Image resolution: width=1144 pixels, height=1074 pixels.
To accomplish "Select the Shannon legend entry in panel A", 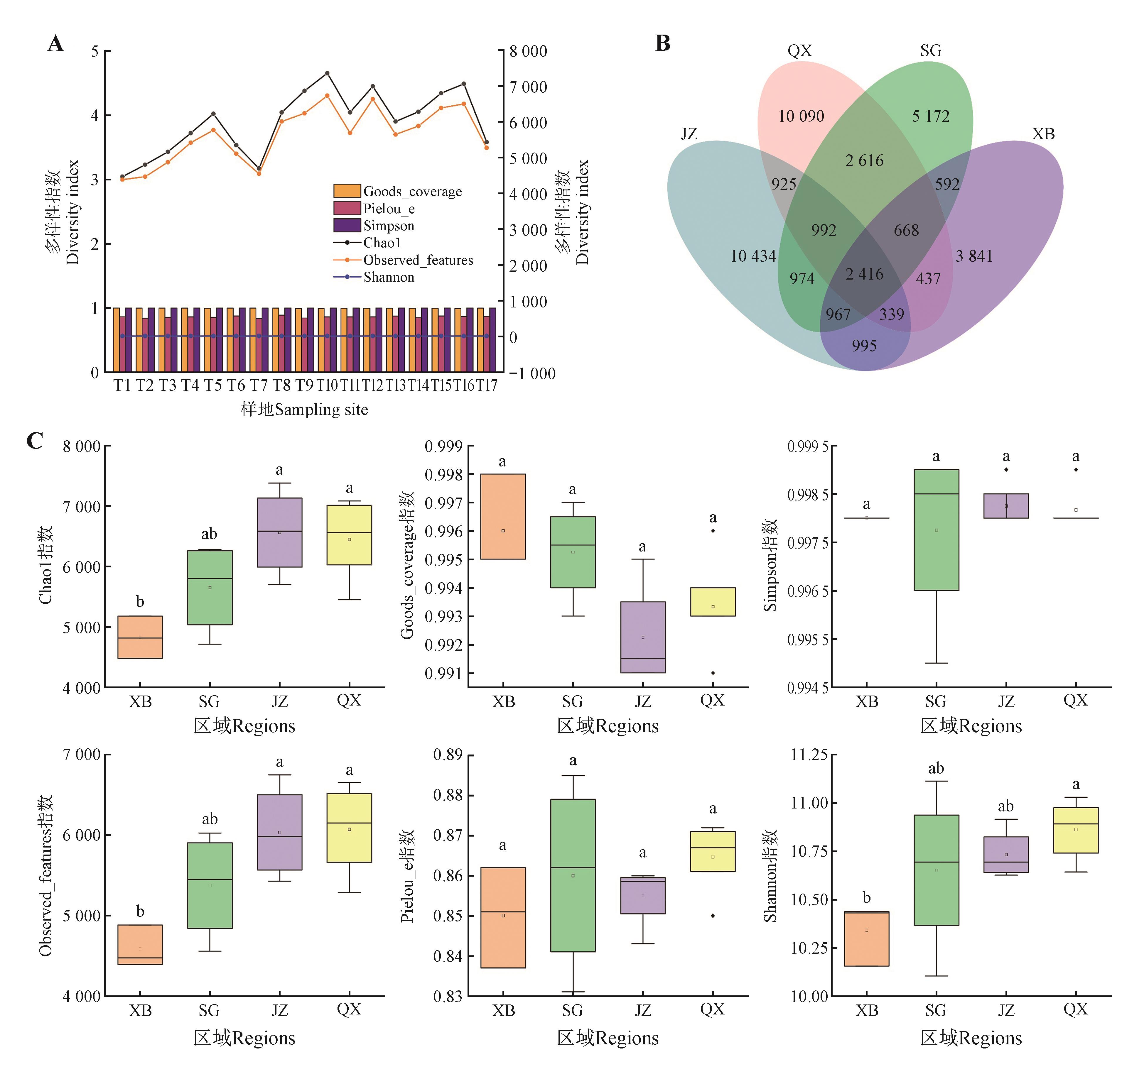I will [x=389, y=277].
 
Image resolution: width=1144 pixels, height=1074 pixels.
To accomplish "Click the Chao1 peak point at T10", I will [x=327, y=73].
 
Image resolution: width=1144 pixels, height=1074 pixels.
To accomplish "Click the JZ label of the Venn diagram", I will [x=689, y=134].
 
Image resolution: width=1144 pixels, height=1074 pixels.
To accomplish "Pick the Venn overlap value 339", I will [x=891, y=314].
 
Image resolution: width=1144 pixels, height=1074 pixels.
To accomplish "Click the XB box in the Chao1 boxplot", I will [x=140, y=637].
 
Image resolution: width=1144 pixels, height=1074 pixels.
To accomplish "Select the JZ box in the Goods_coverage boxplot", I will [x=643, y=637].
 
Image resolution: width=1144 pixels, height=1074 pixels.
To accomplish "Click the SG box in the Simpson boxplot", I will [x=936, y=529].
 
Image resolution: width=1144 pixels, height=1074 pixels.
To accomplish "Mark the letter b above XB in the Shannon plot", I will [x=867, y=897].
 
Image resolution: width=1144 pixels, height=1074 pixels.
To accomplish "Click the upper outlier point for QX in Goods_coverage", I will [x=713, y=530].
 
